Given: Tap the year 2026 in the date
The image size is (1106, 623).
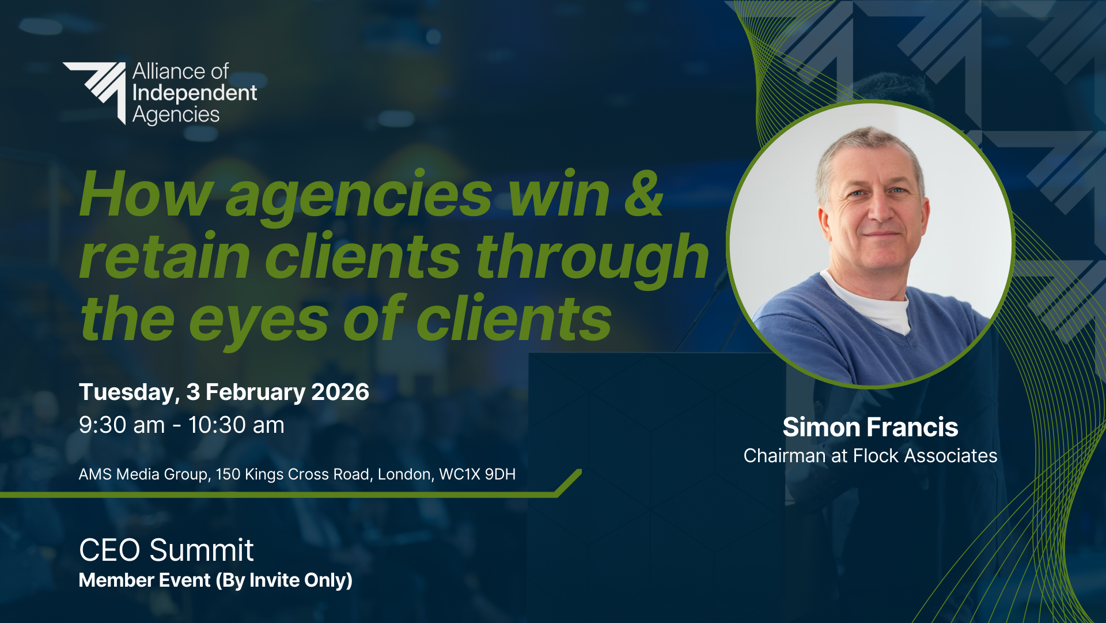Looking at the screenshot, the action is [x=340, y=392].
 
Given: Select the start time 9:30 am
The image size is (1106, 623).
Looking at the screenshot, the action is [x=122, y=425].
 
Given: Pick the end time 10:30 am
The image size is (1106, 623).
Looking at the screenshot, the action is [x=236, y=425].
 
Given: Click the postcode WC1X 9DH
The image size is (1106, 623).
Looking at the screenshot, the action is [x=477, y=474].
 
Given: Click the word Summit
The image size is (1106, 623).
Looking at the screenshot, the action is [x=201, y=550].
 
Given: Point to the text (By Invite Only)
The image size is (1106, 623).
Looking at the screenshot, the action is [x=284, y=580].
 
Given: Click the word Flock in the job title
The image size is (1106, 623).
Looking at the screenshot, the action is [x=876, y=456].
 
